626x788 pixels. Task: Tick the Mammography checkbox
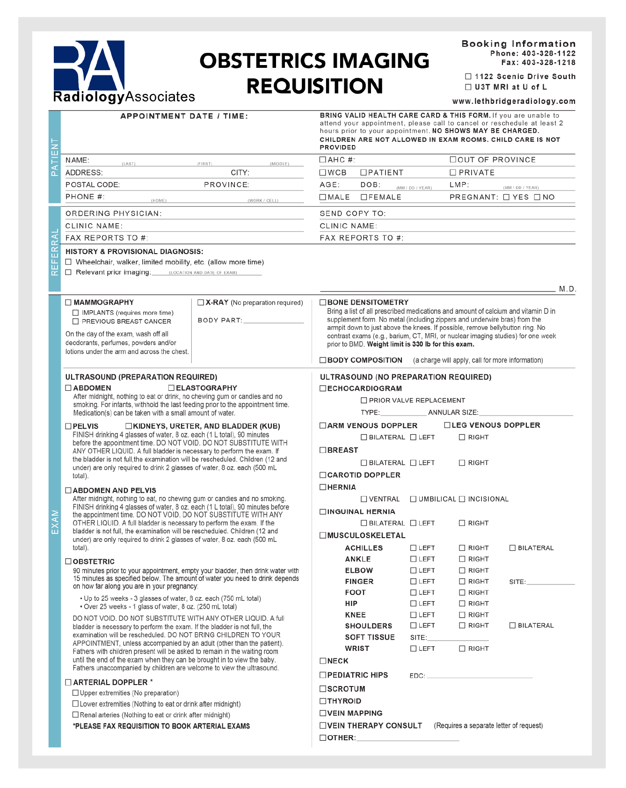tap(68, 302)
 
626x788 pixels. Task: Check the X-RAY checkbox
tap(201, 303)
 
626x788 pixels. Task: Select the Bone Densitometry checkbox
tap(323, 303)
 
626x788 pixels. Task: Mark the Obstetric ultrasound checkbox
tap(68, 561)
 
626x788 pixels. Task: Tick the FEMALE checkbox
tap(364, 197)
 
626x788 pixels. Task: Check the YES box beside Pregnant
tap(506, 197)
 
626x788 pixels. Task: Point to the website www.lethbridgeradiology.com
tap(514, 101)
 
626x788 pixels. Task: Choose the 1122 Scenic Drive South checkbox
tap(468, 76)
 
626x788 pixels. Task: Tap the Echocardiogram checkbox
tap(323, 388)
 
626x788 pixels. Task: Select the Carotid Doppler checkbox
tap(323, 475)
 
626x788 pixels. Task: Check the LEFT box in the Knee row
tap(413, 615)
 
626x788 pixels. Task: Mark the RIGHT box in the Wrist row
tap(462, 649)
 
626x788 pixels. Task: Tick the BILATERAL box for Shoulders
tap(512, 626)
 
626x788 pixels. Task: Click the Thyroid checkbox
tap(323, 701)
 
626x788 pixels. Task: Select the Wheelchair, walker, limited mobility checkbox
tap(68, 262)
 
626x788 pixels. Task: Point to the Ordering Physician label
tap(113, 213)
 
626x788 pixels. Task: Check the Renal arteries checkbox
tap(75, 715)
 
